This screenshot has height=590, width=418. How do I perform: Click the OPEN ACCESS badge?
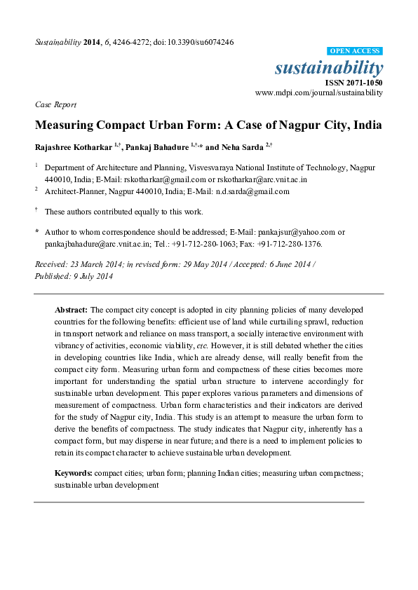pyautogui.click(x=355, y=51)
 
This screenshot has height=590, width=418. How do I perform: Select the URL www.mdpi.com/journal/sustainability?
pyautogui.click(x=319, y=92)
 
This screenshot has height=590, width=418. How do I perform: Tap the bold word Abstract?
pyautogui.click(x=72, y=309)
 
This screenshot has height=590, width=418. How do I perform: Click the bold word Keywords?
pyautogui.click(x=74, y=473)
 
